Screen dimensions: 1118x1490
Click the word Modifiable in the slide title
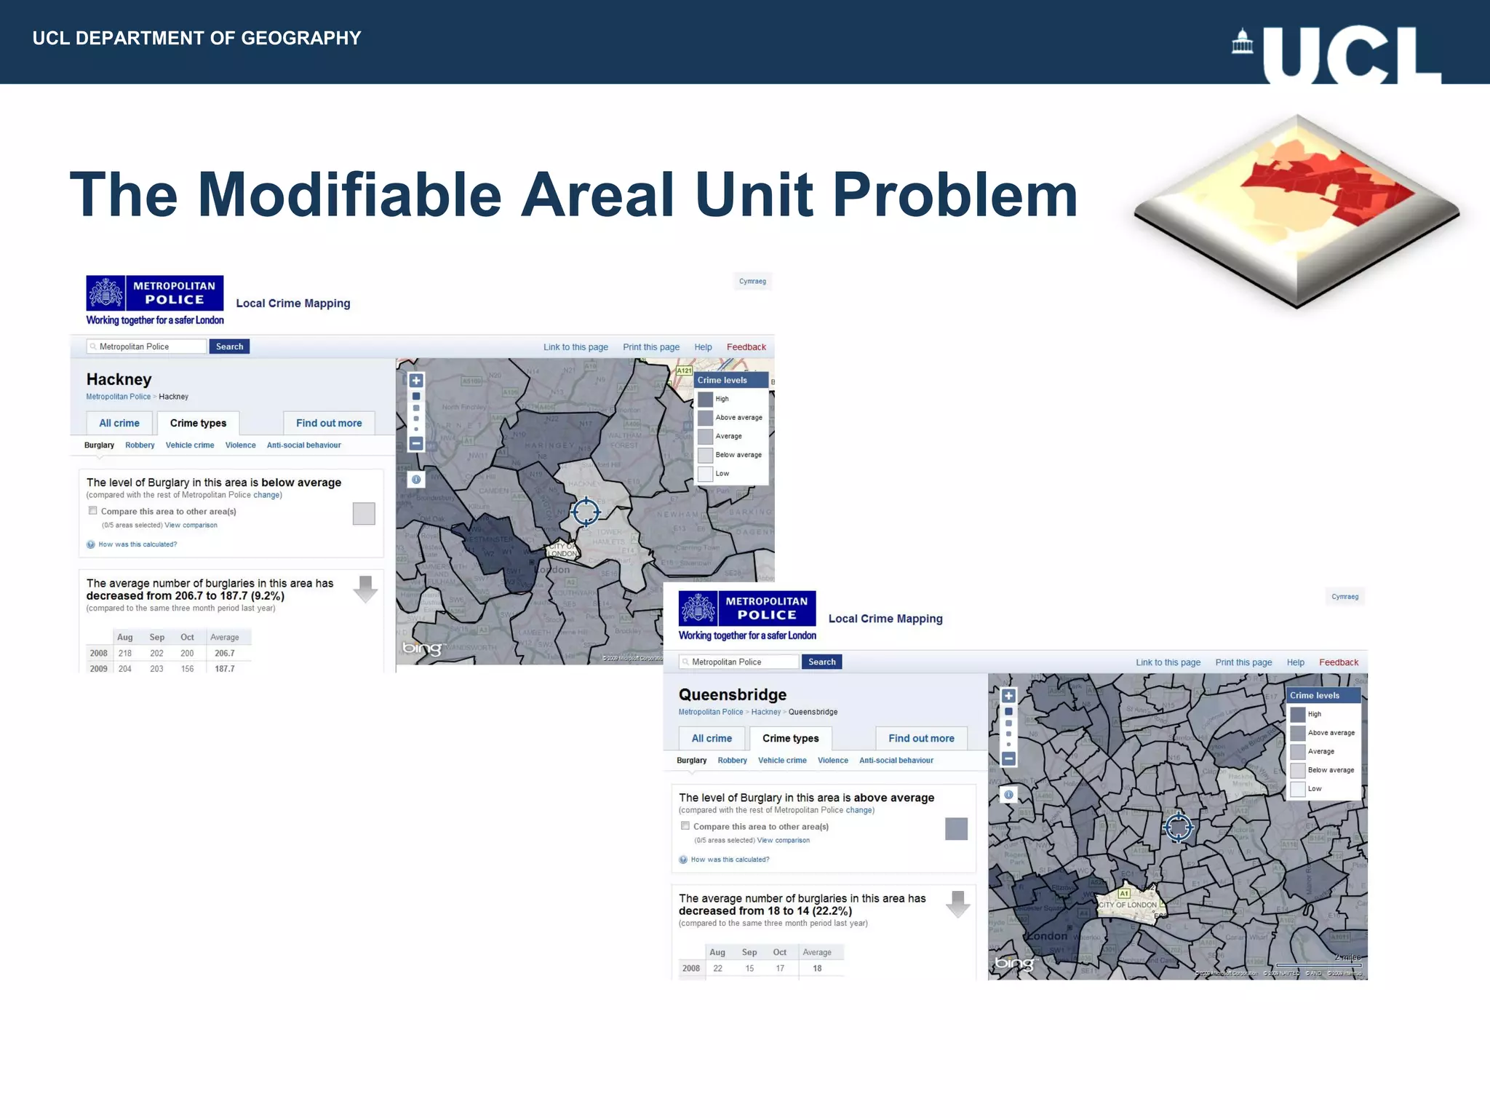click(349, 195)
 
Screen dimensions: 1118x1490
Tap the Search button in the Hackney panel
click(229, 346)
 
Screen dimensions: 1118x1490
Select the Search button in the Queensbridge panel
click(821, 662)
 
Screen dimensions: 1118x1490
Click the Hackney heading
click(119, 379)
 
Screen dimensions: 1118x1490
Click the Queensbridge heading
click(732, 694)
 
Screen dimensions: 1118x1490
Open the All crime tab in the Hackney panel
click(119, 423)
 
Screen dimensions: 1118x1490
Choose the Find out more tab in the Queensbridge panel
click(921, 738)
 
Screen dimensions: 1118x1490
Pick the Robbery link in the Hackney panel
click(140, 445)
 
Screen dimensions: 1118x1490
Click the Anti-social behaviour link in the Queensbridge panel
click(896, 760)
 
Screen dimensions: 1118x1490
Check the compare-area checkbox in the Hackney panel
click(93, 511)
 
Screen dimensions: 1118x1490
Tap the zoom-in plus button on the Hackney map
click(416, 380)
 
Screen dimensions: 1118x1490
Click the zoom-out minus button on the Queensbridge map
click(1008, 758)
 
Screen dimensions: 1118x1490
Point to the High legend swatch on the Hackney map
click(705, 399)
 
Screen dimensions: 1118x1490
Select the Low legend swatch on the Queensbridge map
click(1297, 789)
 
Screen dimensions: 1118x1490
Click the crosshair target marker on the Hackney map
click(585, 512)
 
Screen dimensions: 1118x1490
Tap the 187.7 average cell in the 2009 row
click(224, 668)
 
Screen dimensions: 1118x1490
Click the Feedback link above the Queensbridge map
click(1338, 662)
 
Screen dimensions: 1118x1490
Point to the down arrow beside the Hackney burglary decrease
click(365, 589)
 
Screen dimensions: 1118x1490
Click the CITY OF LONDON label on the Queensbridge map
click(1127, 905)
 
